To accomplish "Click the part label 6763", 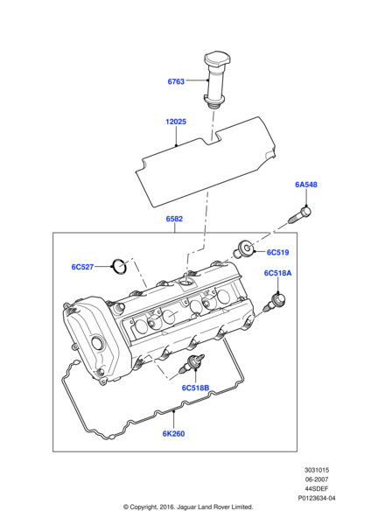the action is click(176, 81).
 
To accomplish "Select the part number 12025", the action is click(176, 122).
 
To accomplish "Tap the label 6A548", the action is click(306, 185).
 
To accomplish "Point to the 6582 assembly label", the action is click(174, 219).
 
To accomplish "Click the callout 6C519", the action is click(277, 253).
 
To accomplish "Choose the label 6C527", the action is click(82, 267).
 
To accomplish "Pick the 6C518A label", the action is click(277, 273).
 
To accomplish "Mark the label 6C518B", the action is click(195, 388).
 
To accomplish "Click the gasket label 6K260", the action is click(173, 434).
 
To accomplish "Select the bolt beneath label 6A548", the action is click(299, 216).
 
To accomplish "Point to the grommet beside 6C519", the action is click(244, 249).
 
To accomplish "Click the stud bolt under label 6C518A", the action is click(275, 303).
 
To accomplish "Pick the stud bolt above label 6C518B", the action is click(192, 365).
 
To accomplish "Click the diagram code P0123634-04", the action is click(317, 498).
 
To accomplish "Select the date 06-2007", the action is click(317, 479).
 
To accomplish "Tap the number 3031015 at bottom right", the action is click(317, 470).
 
